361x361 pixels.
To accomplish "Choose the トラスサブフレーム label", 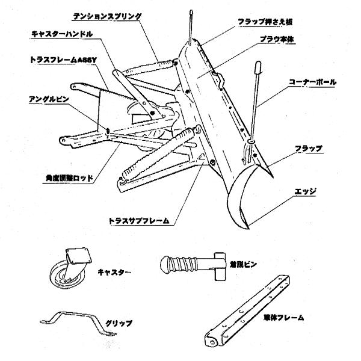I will coord(138,221).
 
